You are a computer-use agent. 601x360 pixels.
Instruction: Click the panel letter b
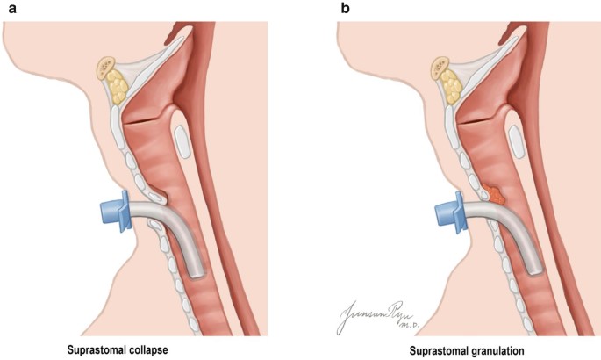tap(345, 10)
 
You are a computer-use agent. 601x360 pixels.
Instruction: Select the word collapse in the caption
tap(148, 349)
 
